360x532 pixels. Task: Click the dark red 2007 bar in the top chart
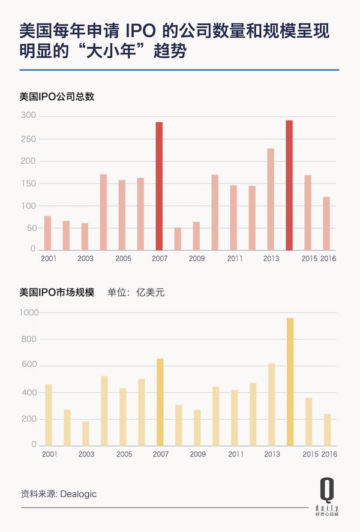coord(159,187)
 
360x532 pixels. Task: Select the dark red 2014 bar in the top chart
coord(289,185)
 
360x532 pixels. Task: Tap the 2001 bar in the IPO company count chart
coord(47,233)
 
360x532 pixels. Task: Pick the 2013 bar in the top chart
coord(271,200)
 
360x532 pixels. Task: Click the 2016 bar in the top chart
coord(326,224)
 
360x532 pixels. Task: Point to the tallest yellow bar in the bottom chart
coord(290,381)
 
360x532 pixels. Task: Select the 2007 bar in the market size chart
coord(160,402)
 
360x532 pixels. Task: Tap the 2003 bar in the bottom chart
coord(86,434)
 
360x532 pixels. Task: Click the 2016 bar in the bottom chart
coord(328,430)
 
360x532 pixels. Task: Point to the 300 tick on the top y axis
coord(28,115)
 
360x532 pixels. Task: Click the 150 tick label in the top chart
coord(28,184)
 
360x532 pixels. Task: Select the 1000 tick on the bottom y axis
coord(29,312)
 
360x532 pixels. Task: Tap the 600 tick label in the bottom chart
coord(29,365)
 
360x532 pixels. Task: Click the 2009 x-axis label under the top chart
coord(197,259)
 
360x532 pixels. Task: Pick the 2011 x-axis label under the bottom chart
coord(236,454)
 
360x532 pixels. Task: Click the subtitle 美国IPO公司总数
coord(56,97)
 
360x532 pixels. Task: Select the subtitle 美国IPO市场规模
coord(56,292)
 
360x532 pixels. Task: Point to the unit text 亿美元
coord(151,292)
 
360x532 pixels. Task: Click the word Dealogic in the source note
coord(79,494)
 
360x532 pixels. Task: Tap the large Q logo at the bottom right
coord(327,490)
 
